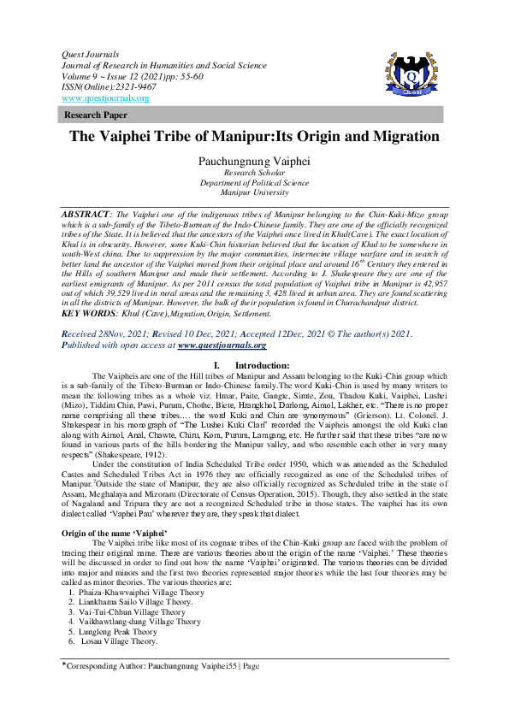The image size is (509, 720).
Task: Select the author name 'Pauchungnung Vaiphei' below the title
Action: [253, 161]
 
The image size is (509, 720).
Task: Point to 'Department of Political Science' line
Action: [253, 182]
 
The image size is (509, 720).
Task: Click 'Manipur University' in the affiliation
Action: [253, 192]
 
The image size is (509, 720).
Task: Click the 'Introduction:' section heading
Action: [263, 364]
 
